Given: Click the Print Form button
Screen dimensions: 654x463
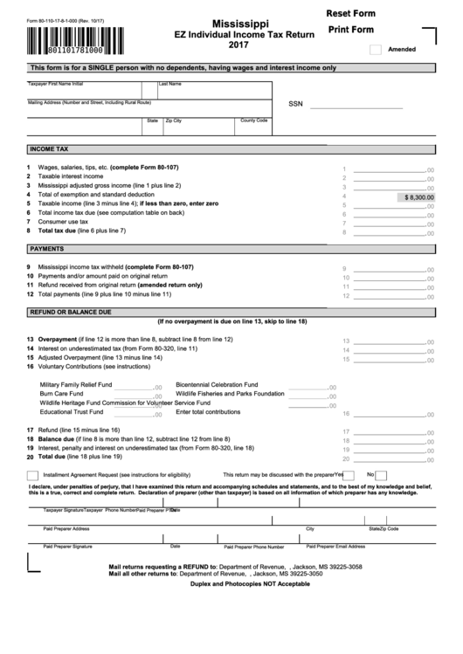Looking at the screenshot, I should point(351,30).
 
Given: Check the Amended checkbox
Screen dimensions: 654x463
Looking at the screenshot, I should point(376,50).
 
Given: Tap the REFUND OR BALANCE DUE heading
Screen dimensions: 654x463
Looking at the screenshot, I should point(71,311).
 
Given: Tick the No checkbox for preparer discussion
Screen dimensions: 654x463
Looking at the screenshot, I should point(381,474).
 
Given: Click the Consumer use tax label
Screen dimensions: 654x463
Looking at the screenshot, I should point(69,221).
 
